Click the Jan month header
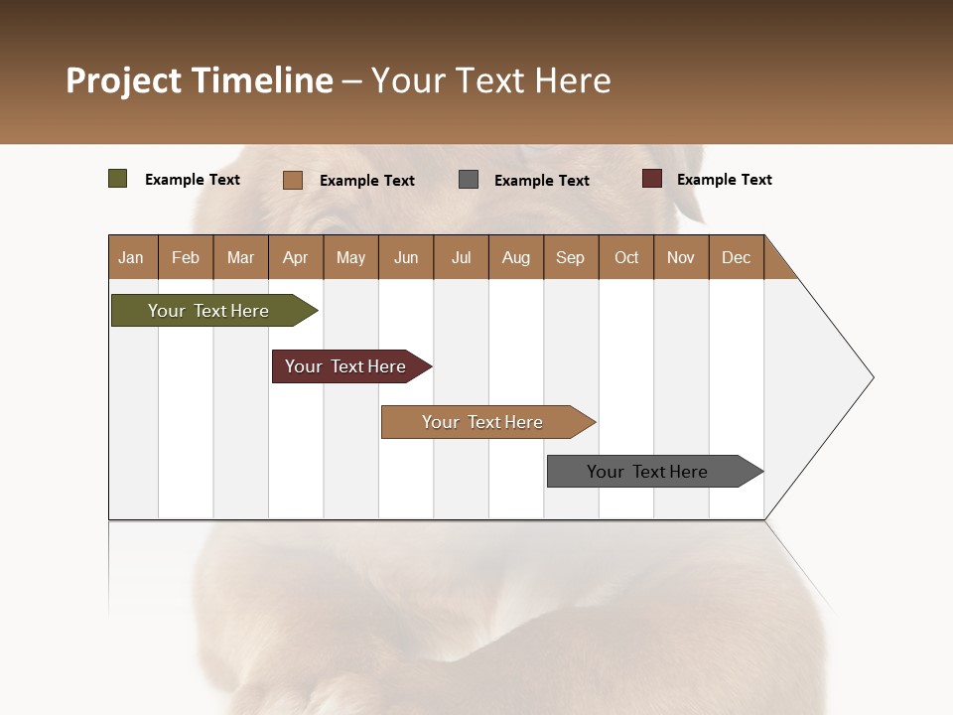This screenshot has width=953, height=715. click(131, 257)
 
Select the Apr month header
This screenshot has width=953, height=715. click(295, 257)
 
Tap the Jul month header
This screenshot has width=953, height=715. click(461, 257)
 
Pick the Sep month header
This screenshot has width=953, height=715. click(570, 257)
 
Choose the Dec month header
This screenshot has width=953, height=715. click(736, 257)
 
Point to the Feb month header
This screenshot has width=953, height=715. click(186, 257)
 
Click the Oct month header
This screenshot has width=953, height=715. click(626, 257)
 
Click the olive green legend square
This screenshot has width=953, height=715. click(118, 179)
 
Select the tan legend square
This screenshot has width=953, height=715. click(293, 180)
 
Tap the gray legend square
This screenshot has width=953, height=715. click(469, 179)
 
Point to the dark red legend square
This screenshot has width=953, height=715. click(652, 179)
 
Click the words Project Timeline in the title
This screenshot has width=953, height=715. click(200, 80)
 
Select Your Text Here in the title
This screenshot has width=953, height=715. click(490, 80)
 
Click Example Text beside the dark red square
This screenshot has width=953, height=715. click(724, 180)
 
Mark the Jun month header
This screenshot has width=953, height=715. click(406, 257)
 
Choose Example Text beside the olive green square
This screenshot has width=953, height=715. click(193, 180)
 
